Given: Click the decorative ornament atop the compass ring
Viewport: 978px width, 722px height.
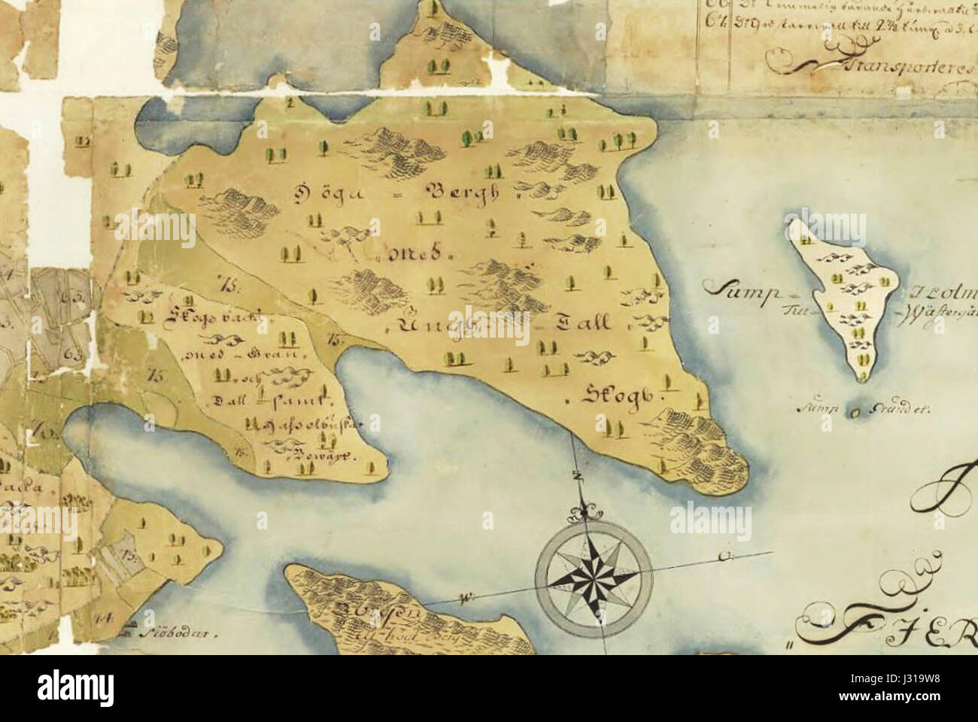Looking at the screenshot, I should pyautogui.click(x=585, y=512).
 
